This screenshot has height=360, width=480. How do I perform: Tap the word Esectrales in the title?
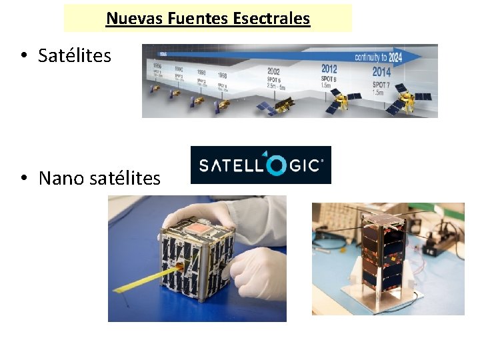(x=271, y=19)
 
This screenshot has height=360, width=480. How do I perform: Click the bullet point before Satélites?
(x=23, y=56)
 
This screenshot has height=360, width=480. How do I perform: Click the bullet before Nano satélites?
(x=23, y=179)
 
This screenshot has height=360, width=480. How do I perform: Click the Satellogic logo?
(x=261, y=165)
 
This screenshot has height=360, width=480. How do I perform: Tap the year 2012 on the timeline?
(x=329, y=69)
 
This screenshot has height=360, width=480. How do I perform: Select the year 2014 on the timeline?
(x=381, y=72)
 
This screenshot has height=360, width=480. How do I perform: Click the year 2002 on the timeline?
(x=273, y=71)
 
